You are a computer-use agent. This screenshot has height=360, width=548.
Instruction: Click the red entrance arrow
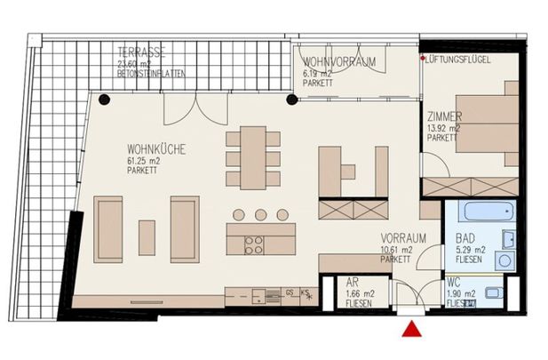tap(412, 331)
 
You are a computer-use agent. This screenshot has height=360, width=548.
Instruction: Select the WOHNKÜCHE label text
tap(155, 151)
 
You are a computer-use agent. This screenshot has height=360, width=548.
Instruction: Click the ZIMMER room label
tap(444, 117)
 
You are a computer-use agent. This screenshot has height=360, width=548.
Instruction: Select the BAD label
tap(464, 239)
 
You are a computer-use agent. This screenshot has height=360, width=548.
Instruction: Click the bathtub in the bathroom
tap(484, 214)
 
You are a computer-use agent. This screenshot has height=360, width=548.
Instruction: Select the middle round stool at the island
tap(260, 214)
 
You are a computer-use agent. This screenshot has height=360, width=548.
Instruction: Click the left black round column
tap(105, 99)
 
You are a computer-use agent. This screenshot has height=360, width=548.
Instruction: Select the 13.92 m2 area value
tap(441, 128)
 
